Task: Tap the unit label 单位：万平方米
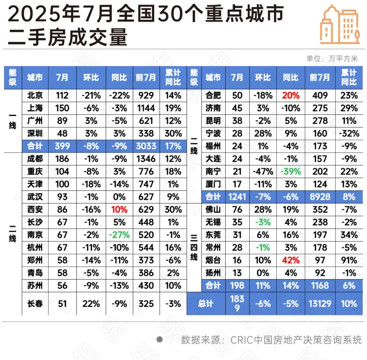(x=332, y=58)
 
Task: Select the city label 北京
(x=35, y=96)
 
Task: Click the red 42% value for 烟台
(x=291, y=260)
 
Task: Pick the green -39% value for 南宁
(x=291, y=172)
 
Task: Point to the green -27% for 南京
(x=119, y=235)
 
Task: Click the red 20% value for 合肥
(x=291, y=96)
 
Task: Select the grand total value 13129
(x=320, y=303)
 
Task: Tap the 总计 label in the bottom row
(x=206, y=303)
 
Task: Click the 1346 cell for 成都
(x=146, y=159)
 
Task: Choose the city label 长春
(x=35, y=303)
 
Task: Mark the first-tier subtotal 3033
(x=146, y=146)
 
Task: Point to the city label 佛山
(x=213, y=209)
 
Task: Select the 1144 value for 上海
(x=146, y=108)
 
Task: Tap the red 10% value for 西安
(x=119, y=209)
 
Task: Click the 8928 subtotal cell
(x=320, y=197)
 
